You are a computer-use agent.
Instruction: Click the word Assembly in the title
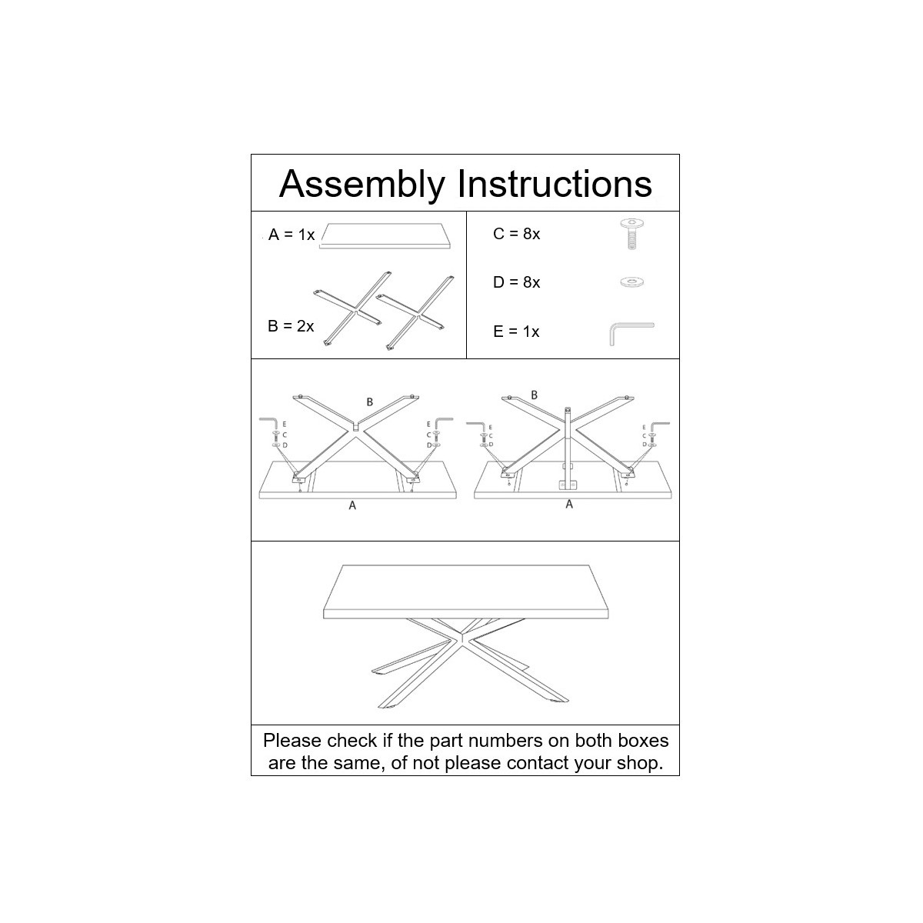[362, 185]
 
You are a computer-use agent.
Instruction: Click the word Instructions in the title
[555, 184]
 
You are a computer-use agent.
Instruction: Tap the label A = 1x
[292, 235]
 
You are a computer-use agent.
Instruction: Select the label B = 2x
[291, 326]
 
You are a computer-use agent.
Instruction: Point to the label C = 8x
[516, 234]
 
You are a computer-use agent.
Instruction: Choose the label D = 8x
[516, 282]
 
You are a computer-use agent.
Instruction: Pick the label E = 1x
[516, 332]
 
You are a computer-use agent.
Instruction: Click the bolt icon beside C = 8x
[631, 234]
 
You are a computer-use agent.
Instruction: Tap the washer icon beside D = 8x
[631, 282]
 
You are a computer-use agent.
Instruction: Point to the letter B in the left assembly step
[370, 402]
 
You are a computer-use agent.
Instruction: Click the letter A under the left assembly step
[352, 505]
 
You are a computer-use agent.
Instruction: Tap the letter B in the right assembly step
[535, 395]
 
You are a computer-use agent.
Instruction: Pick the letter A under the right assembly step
[569, 504]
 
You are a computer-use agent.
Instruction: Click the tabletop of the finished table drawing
[466, 591]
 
